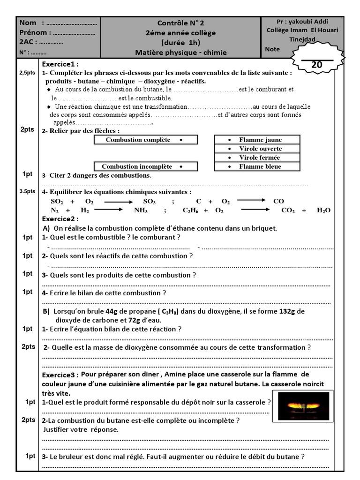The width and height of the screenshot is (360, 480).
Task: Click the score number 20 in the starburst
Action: (x=317, y=65)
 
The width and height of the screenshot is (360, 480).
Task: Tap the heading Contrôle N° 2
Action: (x=180, y=23)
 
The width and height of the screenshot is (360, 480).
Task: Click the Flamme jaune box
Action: (x=255, y=140)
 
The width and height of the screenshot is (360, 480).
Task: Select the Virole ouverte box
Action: (x=255, y=149)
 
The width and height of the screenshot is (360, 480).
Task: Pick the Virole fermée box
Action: (x=255, y=157)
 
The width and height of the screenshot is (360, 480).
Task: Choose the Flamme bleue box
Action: (x=255, y=166)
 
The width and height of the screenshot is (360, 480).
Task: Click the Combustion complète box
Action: (x=145, y=140)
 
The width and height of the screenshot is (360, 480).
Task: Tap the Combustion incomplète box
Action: (x=145, y=166)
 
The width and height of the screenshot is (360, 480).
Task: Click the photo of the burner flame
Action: (x=303, y=406)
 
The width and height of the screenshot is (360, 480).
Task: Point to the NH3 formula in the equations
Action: (x=141, y=210)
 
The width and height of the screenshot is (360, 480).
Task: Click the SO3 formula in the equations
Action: (x=149, y=201)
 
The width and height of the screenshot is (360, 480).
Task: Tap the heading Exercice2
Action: (x=60, y=219)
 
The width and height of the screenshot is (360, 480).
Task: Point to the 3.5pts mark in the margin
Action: (x=27, y=191)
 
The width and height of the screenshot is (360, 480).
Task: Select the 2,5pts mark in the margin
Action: (x=27, y=73)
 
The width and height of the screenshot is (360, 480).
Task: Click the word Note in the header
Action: (x=272, y=49)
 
